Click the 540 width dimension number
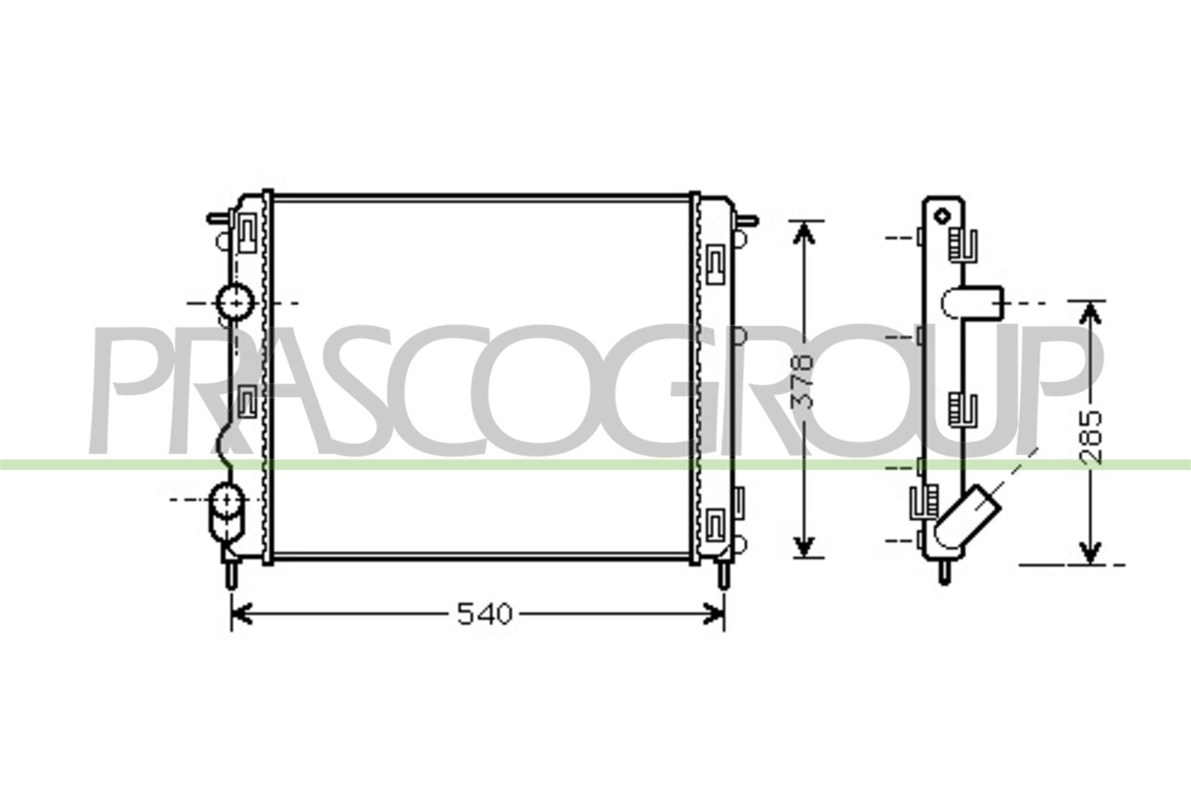485,614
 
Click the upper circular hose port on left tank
235,302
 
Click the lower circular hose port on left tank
226,500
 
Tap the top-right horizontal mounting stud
746,220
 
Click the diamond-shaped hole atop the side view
942,216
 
